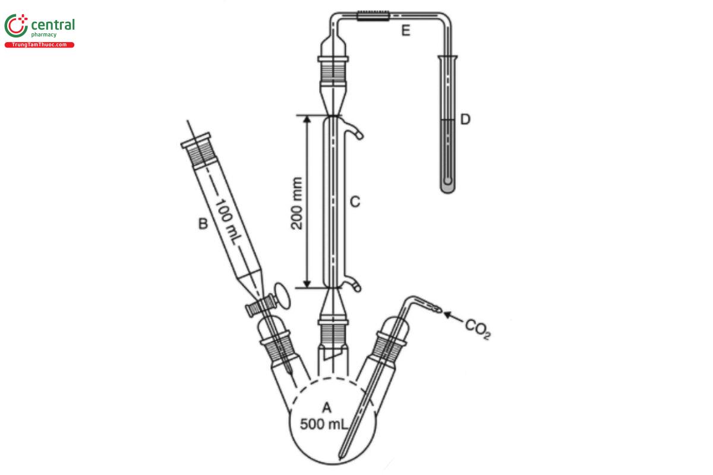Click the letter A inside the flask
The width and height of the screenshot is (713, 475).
[x=326, y=407]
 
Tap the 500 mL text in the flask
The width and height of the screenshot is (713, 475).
[x=324, y=425]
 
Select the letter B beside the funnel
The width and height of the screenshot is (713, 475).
[x=203, y=224]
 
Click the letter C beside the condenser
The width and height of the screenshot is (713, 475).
[x=355, y=202]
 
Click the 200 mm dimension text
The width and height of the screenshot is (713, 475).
[x=298, y=203]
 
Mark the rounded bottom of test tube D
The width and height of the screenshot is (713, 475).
[x=448, y=186]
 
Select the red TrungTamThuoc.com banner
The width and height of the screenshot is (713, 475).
[x=39, y=45]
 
